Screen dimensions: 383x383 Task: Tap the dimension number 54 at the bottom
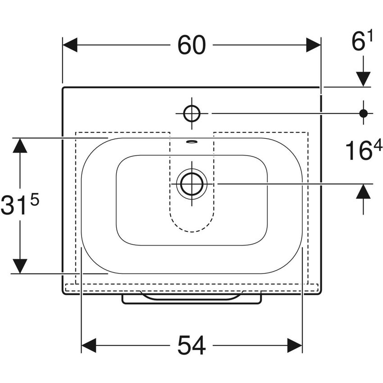191,346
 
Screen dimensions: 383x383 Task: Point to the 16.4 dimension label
363,151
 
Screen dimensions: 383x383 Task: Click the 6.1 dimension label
363,43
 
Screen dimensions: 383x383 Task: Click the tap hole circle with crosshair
191,113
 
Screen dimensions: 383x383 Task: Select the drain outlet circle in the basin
191,184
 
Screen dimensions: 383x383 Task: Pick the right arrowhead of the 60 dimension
313,45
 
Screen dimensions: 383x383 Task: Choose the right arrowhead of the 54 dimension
295,346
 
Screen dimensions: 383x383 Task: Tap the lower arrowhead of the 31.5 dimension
20,266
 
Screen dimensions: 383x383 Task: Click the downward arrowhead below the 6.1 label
363,78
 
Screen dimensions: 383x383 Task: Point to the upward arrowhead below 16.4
363,192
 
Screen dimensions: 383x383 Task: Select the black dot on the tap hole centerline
363,113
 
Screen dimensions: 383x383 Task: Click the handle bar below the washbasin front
191,299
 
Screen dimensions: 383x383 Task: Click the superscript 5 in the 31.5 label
35,199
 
